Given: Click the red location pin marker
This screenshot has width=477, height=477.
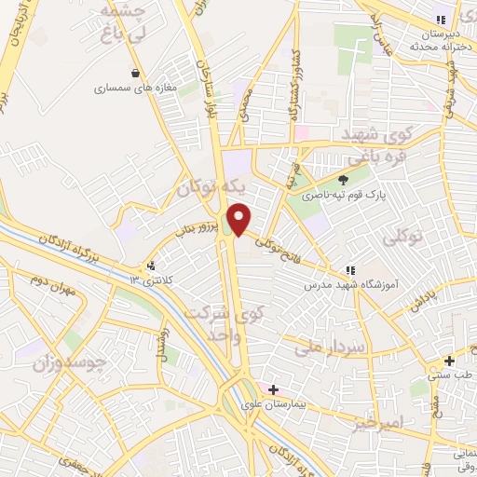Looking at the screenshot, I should pos(240,220).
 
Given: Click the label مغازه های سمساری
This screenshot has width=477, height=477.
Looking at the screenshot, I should pos(137,90).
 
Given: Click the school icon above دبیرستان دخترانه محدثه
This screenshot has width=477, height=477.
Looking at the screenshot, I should pos(442,20).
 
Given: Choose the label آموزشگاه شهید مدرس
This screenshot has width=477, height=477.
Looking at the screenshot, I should pos(352,282).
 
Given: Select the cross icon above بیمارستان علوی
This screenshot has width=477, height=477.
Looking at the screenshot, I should pos(272,389).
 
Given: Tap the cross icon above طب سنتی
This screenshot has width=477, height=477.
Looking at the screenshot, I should pos(449,360).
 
